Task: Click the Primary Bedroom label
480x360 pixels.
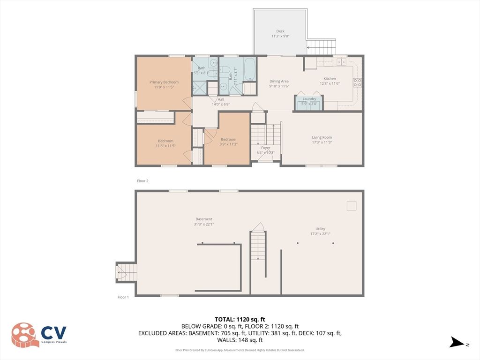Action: pyautogui.click(x=164, y=82)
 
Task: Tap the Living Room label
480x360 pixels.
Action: pyautogui.click(x=322, y=137)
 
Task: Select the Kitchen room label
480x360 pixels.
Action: pyautogui.click(x=330, y=79)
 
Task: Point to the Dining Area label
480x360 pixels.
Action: pyautogui.click(x=279, y=82)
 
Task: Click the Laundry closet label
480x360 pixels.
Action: pyautogui.click(x=309, y=99)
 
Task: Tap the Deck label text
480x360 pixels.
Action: pyautogui.click(x=280, y=31)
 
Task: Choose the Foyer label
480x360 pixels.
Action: pyautogui.click(x=265, y=147)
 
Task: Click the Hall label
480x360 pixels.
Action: pyautogui.click(x=220, y=99)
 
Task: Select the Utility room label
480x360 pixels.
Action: pyautogui.click(x=320, y=229)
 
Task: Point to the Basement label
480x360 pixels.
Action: pyautogui.click(x=204, y=219)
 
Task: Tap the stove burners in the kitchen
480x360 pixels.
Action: pyautogui.click(x=357, y=82)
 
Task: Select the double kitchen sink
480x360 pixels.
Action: pyautogui.click(x=340, y=61)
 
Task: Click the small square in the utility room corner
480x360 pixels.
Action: pyautogui.click(x=351, y=205)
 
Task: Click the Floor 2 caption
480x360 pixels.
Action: pyautogui.click(x=142, y=180)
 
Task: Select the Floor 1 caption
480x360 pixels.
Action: pyautogui.click(x=123, y=297)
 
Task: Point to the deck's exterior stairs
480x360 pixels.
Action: pyautogui.click(x=322, y=46)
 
